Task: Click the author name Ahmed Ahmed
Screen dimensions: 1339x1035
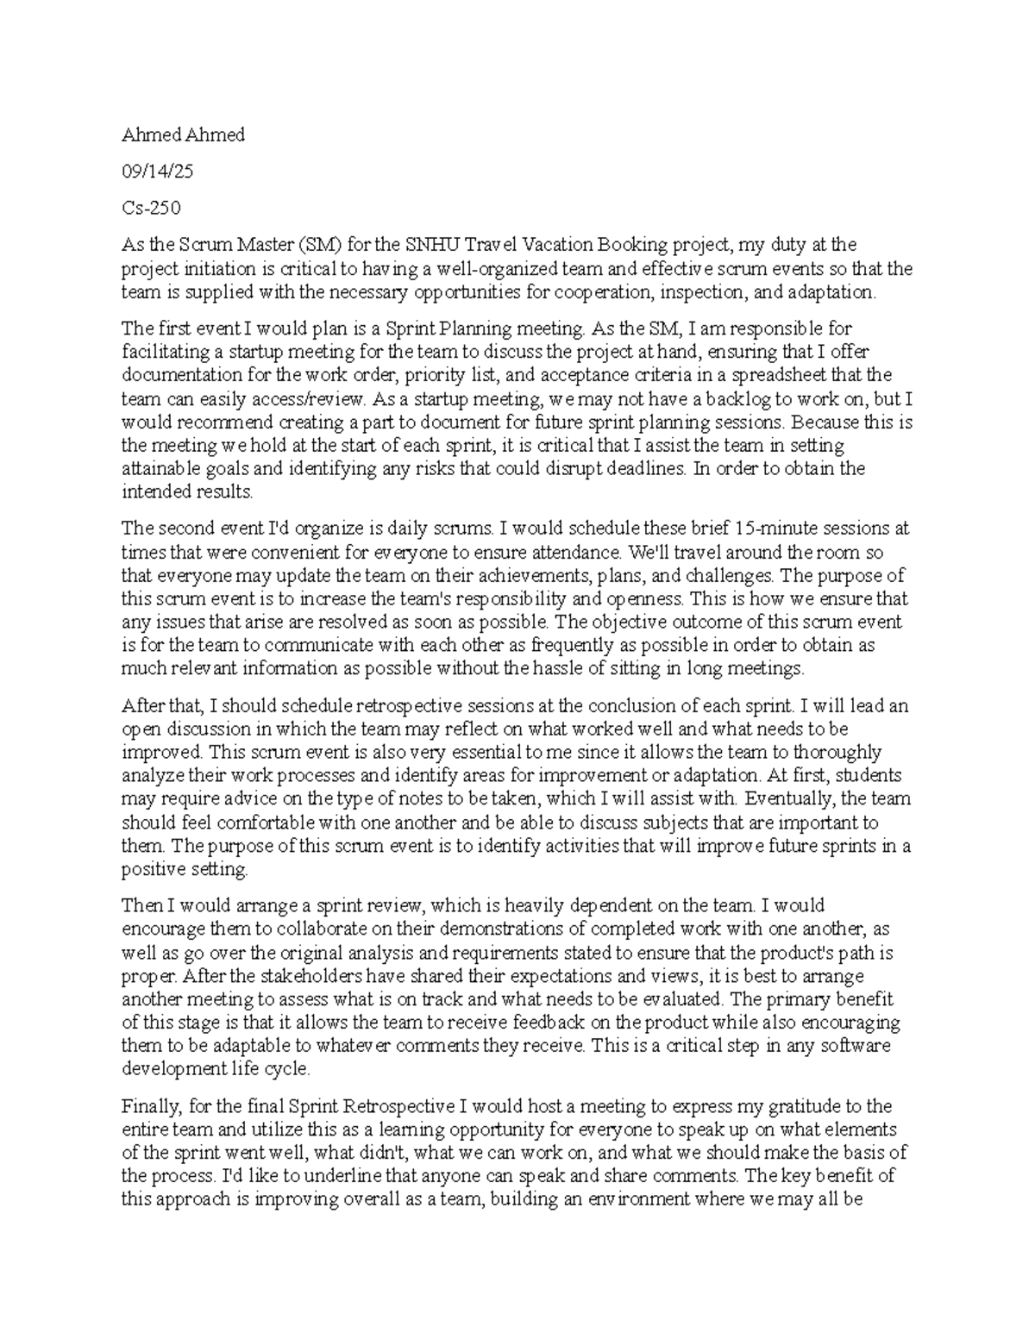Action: [183, 135]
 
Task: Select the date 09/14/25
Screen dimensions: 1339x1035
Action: [157, 172]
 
